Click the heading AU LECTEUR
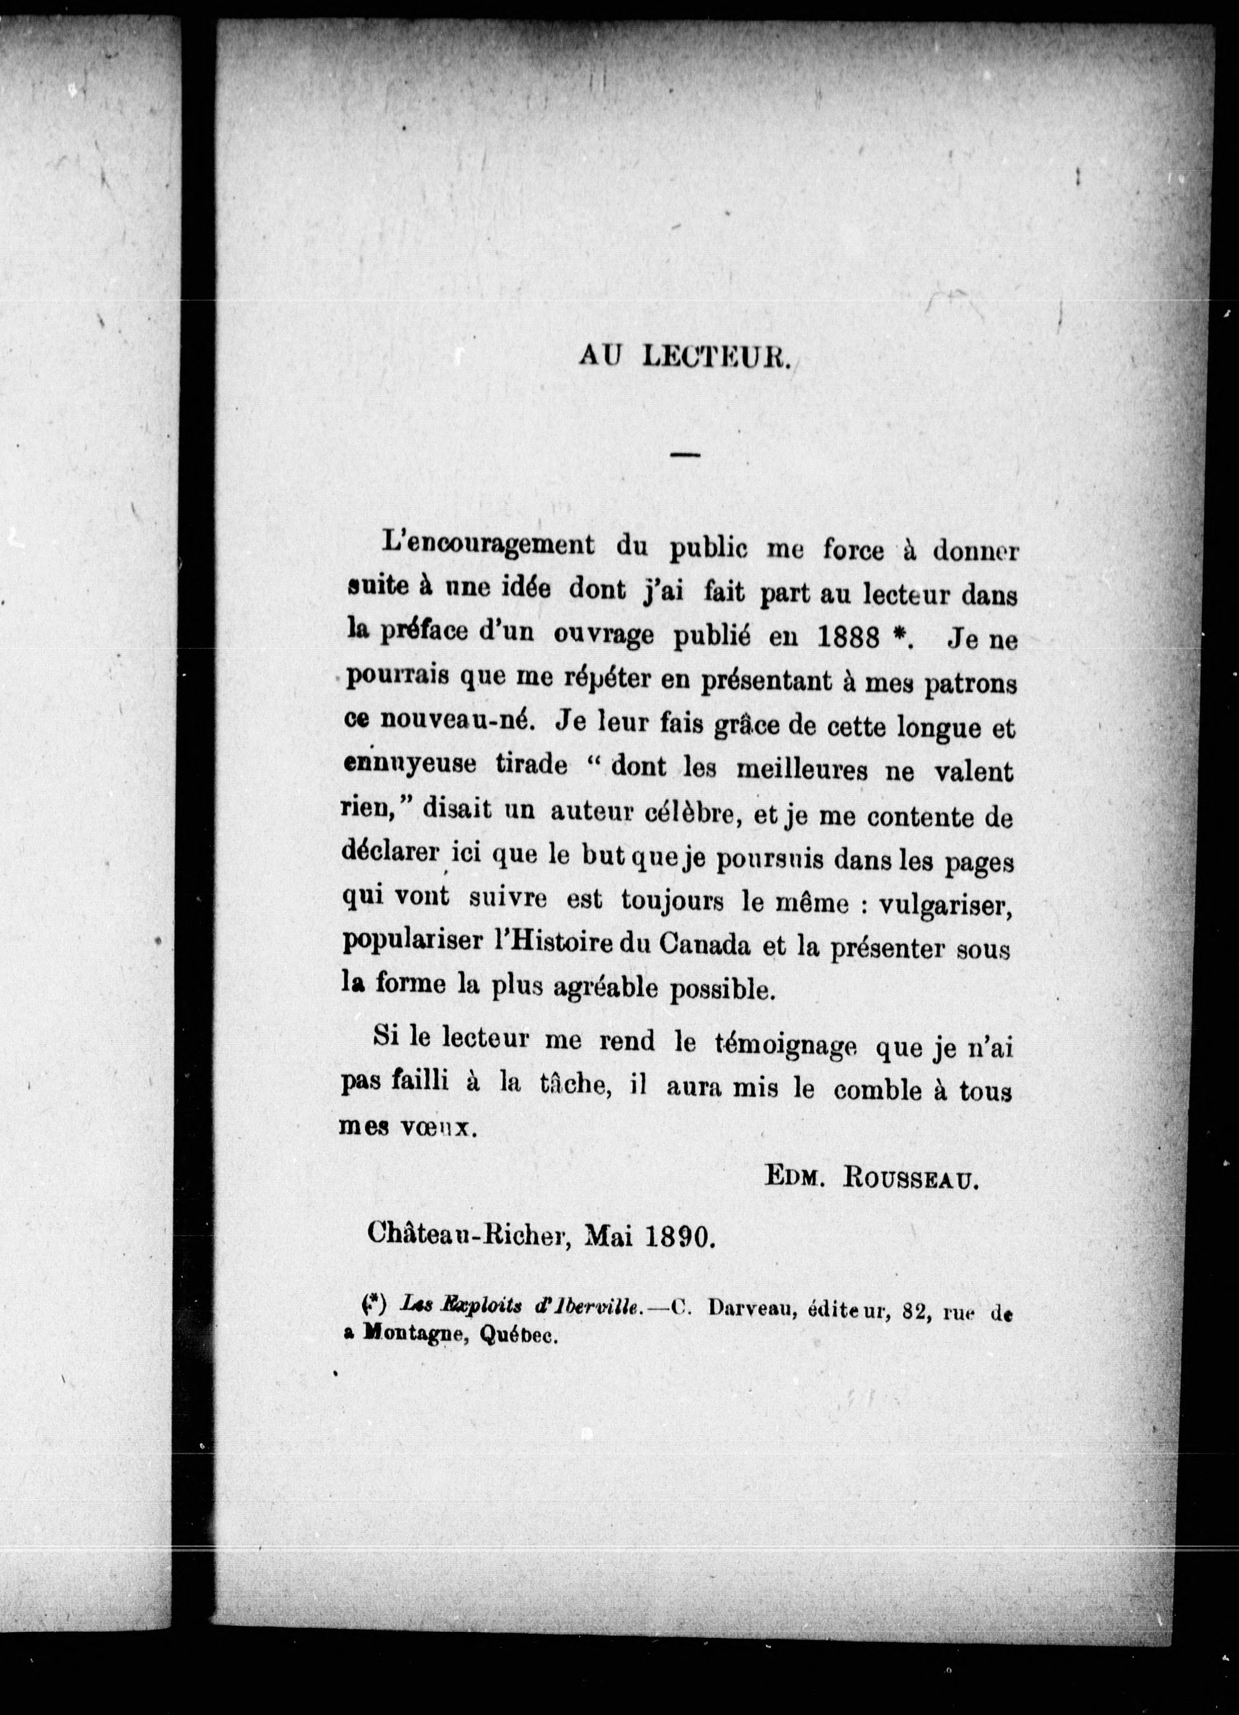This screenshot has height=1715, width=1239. pyautogui.click(x=684, y=357)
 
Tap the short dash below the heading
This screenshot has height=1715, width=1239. pyautogui.click(x=685, y=454)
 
